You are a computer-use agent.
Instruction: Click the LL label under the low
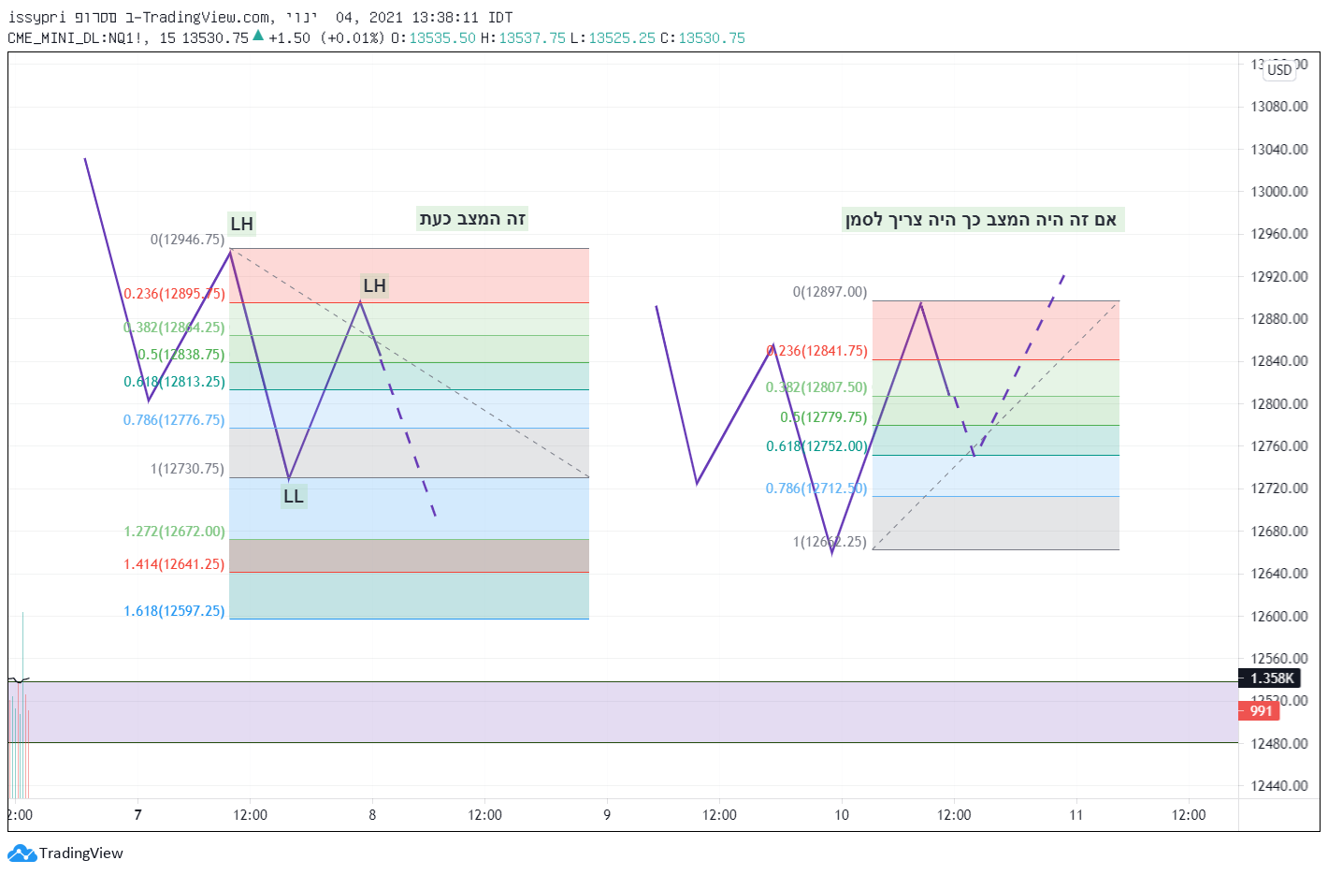pyautogui.click(x=294, y=496)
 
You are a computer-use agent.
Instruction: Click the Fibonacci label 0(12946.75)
pyautogui.click(x=187, y=240)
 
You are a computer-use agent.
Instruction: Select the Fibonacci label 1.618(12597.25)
pyautogui.click(x=174, y=611)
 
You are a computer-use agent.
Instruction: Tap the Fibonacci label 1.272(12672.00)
pyautogui.click(x=174, y=532)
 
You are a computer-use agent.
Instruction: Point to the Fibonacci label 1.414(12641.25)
pyautogui.click(x=174, y=564)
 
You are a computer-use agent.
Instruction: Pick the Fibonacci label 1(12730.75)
pyautogui.click(x=187, y=469)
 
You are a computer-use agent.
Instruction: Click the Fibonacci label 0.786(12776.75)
pyautogui.click(x=174, y=420)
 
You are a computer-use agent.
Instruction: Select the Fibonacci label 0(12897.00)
pyautogui.click(x=830, y=292)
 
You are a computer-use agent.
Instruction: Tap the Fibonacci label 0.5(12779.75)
pyautogui.click(x=824, y=417)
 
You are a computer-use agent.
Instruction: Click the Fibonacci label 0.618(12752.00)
pyautogui.click(x=816, y=446)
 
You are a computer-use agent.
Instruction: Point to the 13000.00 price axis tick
pyautogui.click(x=1278, y=192)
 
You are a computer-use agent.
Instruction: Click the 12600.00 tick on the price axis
pyautogui.click(x=1278, y=617)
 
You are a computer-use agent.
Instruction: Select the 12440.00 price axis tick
pyautogui.click(x=1278, y=786)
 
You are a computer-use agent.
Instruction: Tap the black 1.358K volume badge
pyautogui.click(x=1271, y=678)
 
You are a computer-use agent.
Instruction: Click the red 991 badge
pyautogui.click(x=1261, y=711)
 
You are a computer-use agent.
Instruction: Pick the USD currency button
pyautogui.click(x=1279, y=70)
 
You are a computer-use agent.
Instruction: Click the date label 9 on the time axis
pyautogui.click(x=607, y=815)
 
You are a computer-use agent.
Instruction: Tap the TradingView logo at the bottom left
pyautogui.click(x=65, y=853)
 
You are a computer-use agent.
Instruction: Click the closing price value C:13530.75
pyautogui.click(x=702, y=38)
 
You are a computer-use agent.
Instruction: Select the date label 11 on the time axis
pyautogui.click(x=1076, y=815)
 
